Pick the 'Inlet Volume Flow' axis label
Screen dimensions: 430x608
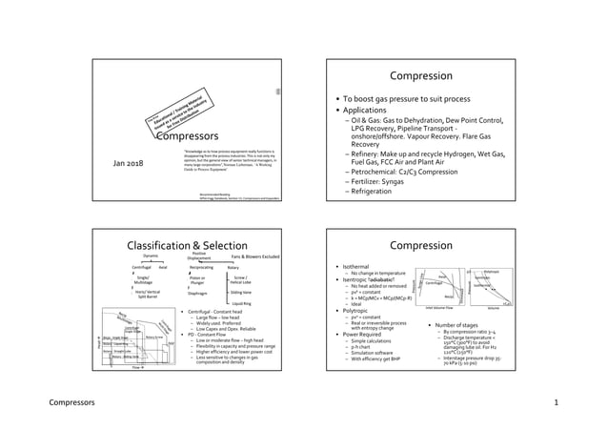coord(444,309)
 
